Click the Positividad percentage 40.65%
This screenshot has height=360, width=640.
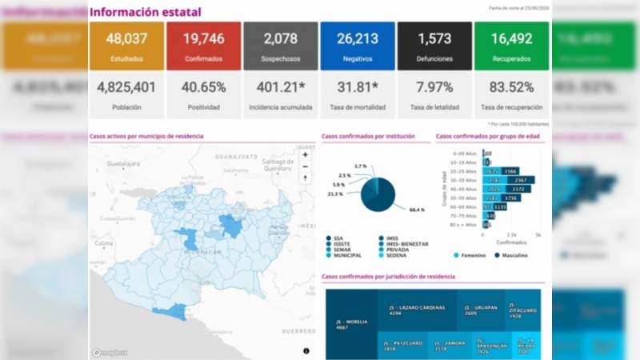203,87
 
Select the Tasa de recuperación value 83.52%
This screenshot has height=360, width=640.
511,87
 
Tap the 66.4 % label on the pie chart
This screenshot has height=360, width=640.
415,210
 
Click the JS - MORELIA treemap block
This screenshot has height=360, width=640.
351,324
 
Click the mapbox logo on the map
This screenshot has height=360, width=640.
108,351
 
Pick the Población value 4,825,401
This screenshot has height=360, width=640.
126,87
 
